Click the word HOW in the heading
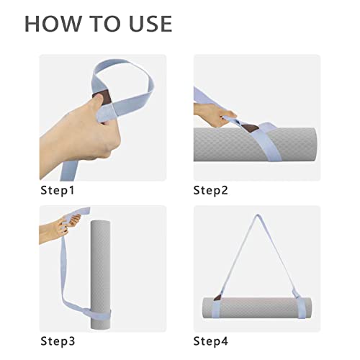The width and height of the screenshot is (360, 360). [53, 24]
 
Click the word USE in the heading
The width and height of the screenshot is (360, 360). [150, 24]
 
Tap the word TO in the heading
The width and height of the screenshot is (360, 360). [105, 24]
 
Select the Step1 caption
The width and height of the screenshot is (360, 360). [58, 191]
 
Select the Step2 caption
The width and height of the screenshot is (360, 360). [210, 191]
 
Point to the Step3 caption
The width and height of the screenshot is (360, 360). [58, 341]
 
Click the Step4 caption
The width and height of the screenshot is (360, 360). [211, 341]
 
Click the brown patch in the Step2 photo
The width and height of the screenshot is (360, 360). [250, 127]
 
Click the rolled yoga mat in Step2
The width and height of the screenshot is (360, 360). [255, 145]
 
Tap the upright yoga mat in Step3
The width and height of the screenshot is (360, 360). [101, 275]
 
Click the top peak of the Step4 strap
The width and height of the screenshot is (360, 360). [258, 215]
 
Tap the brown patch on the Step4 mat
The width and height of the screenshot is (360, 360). [217, 297]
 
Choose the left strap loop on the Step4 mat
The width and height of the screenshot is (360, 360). [216, 308]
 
